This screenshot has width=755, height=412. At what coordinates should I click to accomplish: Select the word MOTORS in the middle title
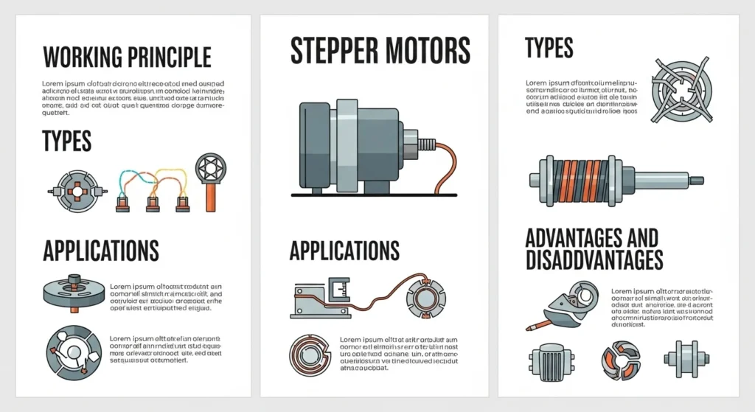(x=428, y=50)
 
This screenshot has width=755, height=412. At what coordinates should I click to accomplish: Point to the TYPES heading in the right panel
(x=549, y=49)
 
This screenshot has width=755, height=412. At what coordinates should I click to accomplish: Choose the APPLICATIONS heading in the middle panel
(x=344, y=251)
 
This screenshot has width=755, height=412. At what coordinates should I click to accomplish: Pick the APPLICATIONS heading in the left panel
(x=101, y=251)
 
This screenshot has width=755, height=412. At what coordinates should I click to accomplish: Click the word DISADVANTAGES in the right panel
(x=594, y=259)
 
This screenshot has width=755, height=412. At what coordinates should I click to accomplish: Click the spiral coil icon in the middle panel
(x=311, y=356)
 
